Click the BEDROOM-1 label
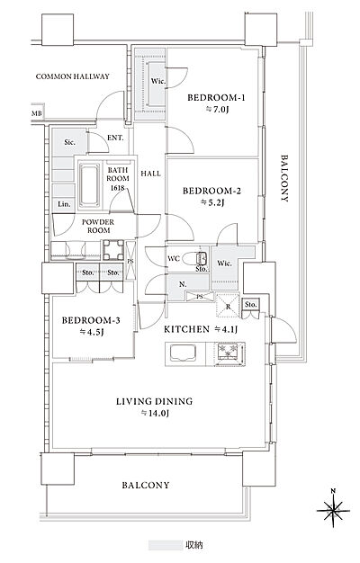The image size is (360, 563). click(216, 97)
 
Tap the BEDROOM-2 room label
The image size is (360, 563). click(212, 191)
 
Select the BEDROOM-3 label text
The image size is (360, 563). click(91, 320)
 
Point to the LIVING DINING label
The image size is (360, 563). click(154, 401)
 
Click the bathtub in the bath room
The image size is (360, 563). click(89, 185)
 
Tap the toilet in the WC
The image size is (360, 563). click(194, 258)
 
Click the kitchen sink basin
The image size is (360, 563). click(182, 353)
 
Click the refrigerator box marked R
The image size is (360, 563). click(228, 305)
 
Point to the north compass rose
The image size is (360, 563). click(333, 510)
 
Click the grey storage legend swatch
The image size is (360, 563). click(166, 545)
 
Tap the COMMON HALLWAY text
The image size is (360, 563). click(73, 76)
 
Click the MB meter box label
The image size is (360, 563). click(37, 114)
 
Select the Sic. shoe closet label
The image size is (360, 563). click(69, 142)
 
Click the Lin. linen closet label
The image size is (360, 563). click(64, 204)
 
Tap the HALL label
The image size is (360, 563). click(150, 174)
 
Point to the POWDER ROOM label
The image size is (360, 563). click(98, 227)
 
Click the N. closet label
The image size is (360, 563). click(183, 284)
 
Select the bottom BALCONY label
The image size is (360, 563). click(146, 485)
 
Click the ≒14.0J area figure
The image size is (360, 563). click(155, 414)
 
